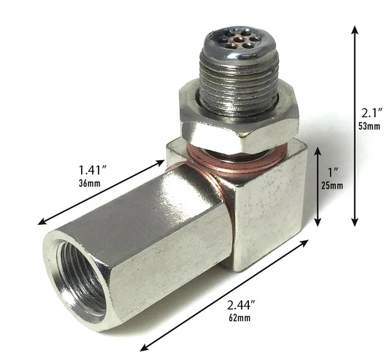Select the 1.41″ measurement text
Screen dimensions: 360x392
coord(92,170)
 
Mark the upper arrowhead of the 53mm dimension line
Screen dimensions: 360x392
coord(355,29)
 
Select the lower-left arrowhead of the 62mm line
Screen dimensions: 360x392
coord(143,348)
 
